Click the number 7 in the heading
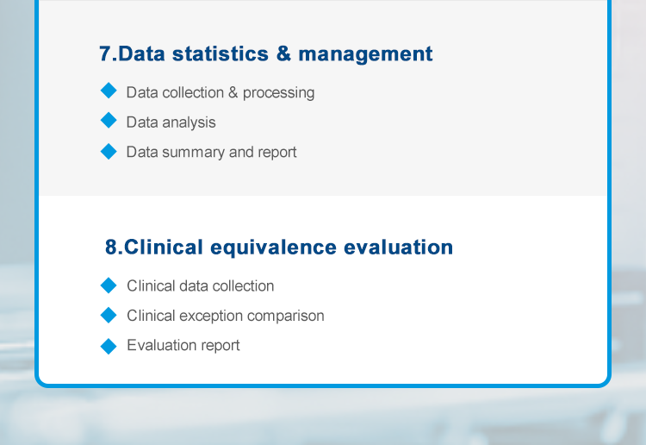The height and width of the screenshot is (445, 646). coord(105,53)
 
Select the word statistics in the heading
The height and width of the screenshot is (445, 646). coord(220,53)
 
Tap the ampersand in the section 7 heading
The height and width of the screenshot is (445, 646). coord(283,53)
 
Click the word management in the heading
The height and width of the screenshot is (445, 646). coord(365,54)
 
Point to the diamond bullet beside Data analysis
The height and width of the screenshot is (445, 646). coord(109,121)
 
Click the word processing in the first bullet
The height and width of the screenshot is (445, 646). coord(278,93)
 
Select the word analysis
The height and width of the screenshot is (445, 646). coord(189,122)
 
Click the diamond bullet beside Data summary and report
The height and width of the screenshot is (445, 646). coord(109,152)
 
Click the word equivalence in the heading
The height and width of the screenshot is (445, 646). coord(274,248)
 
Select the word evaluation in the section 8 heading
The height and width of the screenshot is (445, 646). coord(399,247)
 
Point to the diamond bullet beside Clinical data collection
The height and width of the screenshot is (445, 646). coord(109,285)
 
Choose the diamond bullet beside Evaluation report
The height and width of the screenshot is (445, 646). coord(109,346)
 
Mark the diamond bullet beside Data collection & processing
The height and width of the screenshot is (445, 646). coord(109,91)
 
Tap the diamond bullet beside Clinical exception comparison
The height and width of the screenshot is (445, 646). coord(109,315)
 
